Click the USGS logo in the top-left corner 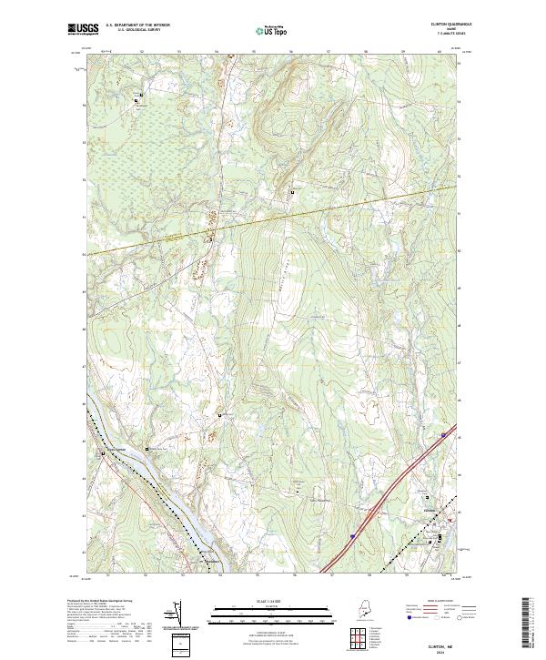83,29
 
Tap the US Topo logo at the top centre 270,31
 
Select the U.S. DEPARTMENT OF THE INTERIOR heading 137,25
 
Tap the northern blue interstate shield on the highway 443,437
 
